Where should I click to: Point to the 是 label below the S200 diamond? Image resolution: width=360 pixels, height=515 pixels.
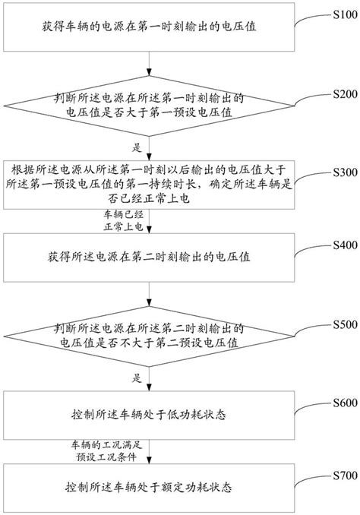click(x=137, y=147)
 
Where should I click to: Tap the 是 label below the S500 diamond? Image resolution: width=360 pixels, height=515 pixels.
click(x=137, y=377)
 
